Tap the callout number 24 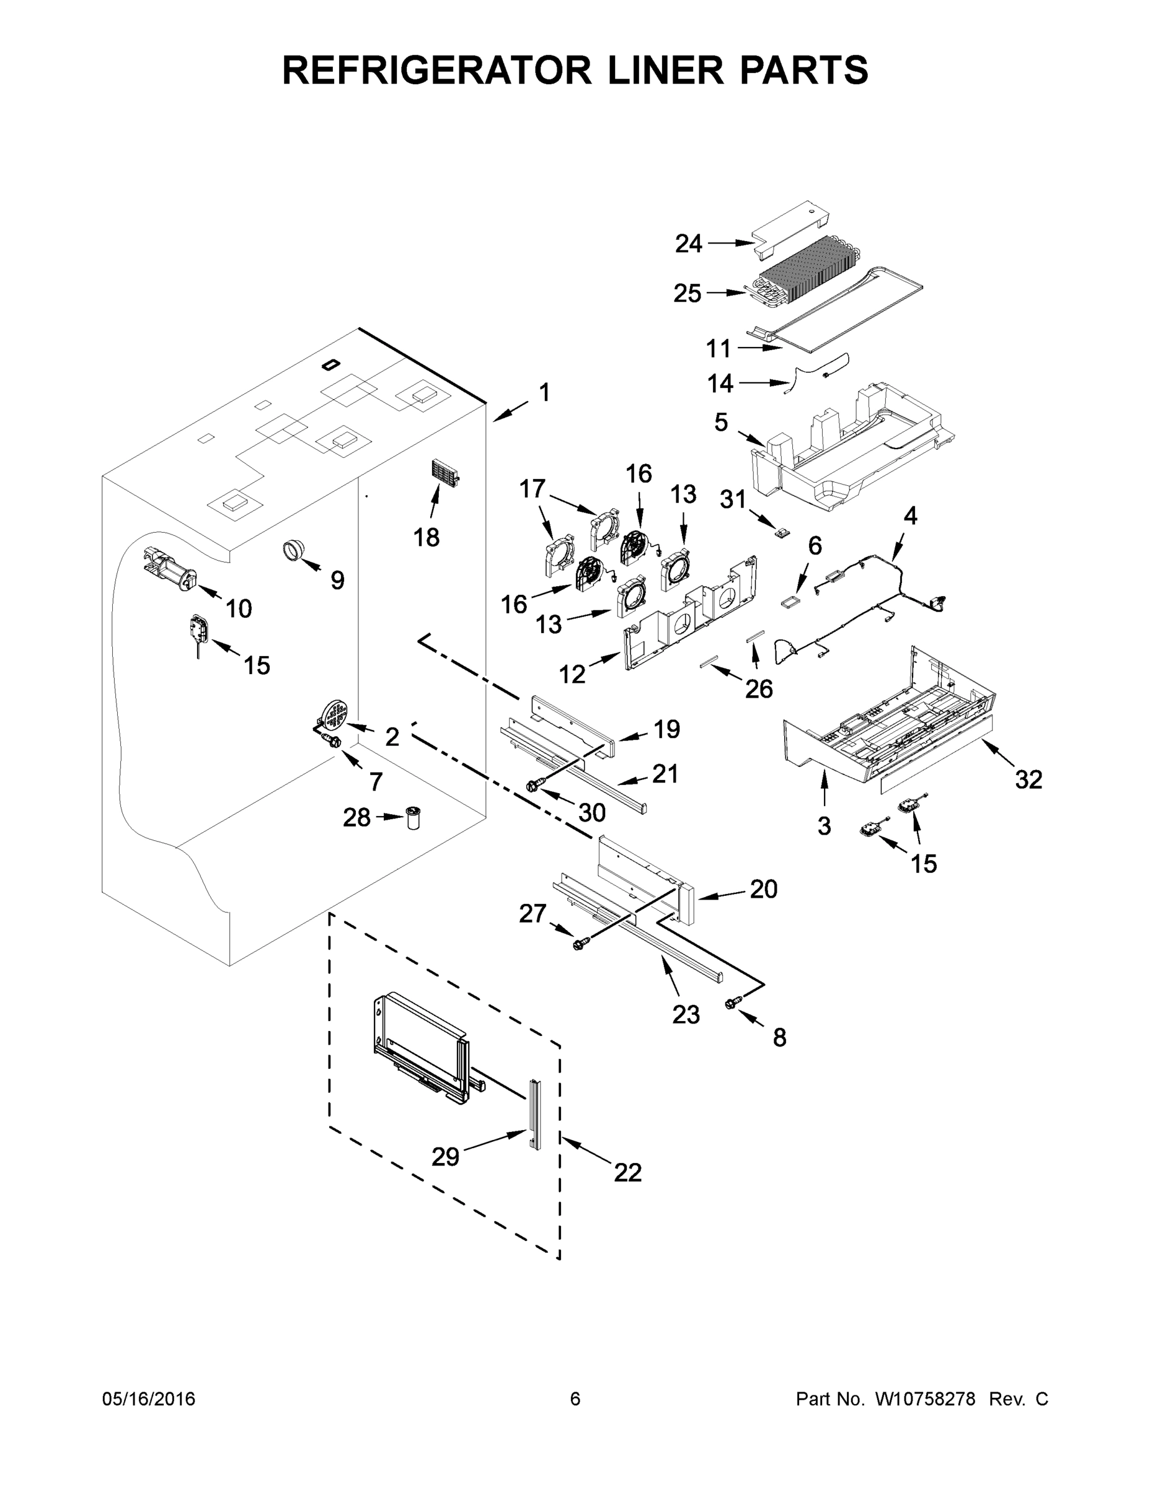[688, 243]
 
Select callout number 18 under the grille [427, 537]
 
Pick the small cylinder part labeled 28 [413, 817]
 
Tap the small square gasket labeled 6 [791, 602]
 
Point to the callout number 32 [1028, 779]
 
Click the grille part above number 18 [445, 471]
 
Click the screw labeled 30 [533, 786]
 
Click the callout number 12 [572, 674]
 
